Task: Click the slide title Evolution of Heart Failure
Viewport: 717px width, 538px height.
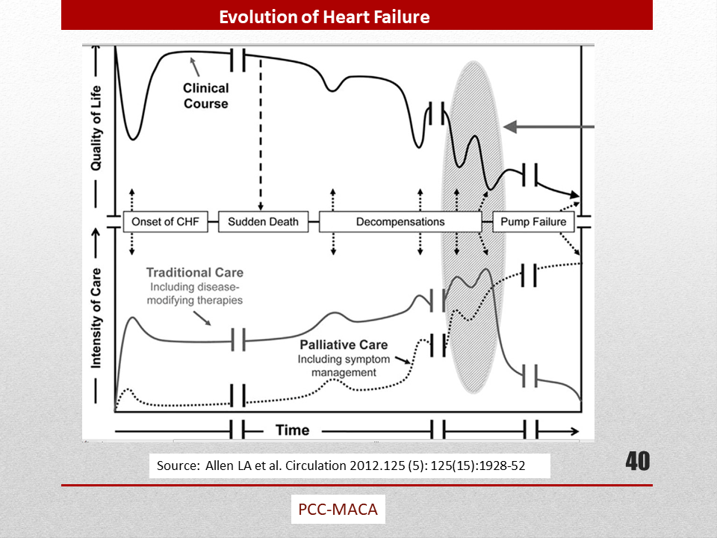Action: (324, 17)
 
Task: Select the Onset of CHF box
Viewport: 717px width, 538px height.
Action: (166, 222)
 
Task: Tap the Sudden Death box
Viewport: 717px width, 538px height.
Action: (264, 222)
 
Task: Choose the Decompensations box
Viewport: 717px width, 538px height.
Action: (400, 222)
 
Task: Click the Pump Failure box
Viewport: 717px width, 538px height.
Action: (533, 222)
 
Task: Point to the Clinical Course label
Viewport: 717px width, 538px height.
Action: (206, 96)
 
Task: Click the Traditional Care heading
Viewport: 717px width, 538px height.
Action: (195, 273)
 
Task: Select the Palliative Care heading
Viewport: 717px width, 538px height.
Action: (344, 344)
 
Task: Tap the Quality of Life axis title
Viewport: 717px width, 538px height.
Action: (96, 128)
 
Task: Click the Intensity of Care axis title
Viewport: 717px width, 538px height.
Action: (96, 318)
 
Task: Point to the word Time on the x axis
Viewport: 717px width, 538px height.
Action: (293, 430)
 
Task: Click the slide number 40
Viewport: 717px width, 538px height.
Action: (637, 461)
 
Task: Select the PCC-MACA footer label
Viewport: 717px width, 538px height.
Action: (338, 509)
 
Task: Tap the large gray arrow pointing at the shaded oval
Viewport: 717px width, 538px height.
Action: (549, 127)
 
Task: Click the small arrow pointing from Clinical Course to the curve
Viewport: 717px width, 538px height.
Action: (195, 67)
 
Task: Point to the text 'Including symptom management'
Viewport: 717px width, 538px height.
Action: (344, 366)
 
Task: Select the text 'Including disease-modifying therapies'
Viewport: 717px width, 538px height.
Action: (195, 294)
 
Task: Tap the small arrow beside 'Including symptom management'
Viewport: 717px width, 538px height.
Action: (403, 360)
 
